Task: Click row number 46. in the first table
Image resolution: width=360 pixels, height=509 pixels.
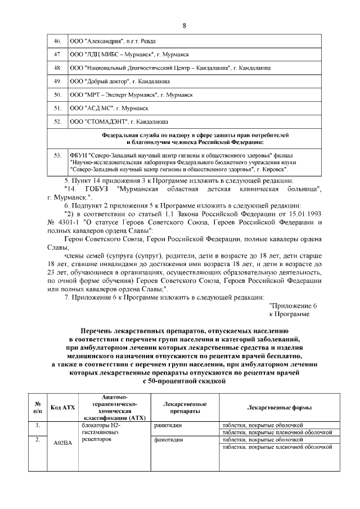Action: tap(57, 42)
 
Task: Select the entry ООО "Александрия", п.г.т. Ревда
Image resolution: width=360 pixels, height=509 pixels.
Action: tap(112, 42)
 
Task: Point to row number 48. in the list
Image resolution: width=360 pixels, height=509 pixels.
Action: tap(57, 68)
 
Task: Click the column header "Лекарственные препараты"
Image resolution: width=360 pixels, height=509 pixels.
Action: tap(184, 407)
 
